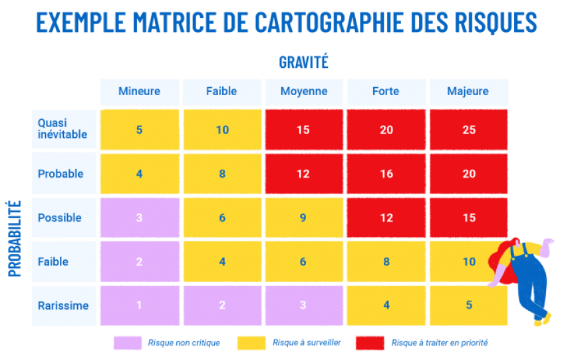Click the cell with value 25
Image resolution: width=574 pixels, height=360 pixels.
pyautogui.click(x=469, y=130)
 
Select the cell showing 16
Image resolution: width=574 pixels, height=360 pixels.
pyautogui.click(x=386, y=174)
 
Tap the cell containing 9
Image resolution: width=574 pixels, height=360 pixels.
pyautogui.click(x=303, y=218)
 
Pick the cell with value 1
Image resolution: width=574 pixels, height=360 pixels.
pyautogui.click(x=139, y=305)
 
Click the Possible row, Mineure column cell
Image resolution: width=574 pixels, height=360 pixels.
pyautogui.click(x=139, y=218)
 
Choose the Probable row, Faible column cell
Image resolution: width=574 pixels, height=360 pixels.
pyautogui.click(x=222, y=174)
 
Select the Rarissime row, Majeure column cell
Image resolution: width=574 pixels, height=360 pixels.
pyautogui.click(x=469, y=305)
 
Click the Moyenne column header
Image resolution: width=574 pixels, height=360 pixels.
pyautogui.click(x=304, y=92)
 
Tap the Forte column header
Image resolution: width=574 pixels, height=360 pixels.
pyautogui.click(x=386, y=92)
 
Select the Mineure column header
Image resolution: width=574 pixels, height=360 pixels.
pyautogui.click(x=139, y=92)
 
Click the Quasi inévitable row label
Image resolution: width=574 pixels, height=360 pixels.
pyautogui.click(x=63, y=129)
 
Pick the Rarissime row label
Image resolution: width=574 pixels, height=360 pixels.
pyautogui.click(x=63, y=306)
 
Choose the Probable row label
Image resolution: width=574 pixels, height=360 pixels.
pyautogui.click(x=61, y=174)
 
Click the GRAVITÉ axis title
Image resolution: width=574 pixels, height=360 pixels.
pyautogui.click(x=304, y=63)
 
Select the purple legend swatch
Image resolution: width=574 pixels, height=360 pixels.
pyautogui.click(x=128, y=343)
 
